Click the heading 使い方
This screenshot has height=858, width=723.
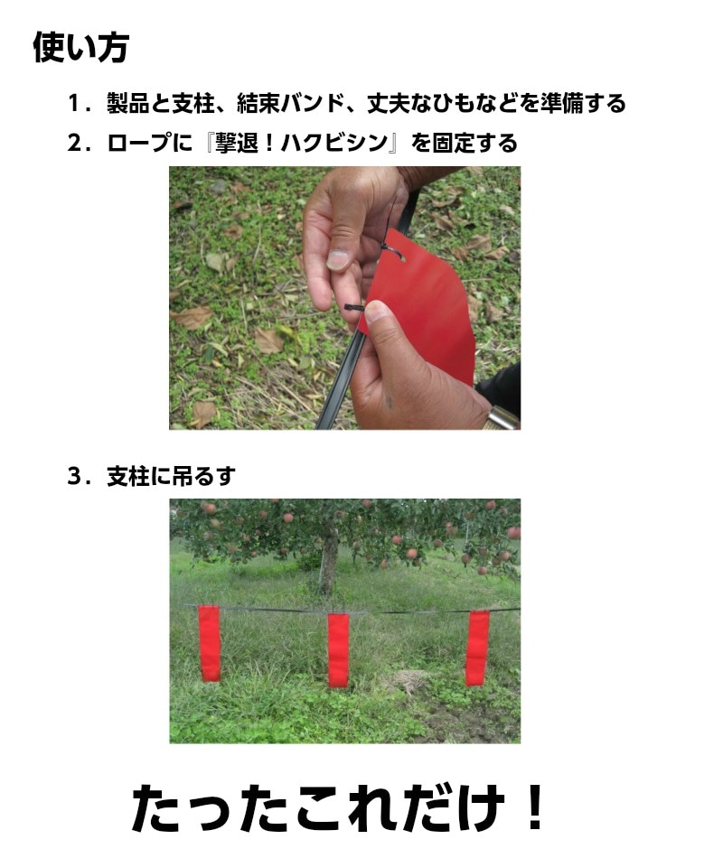(81, 47)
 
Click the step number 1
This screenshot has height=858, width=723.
(74, 104)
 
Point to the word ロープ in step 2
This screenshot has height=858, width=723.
(138, 144)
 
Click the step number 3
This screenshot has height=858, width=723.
(74, 476)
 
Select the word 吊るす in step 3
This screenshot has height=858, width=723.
(203, 476)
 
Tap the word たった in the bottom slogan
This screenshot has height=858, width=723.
(211, 808)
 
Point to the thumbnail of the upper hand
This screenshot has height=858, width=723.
(337, 260)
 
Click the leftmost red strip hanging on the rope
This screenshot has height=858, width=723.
(209, 643)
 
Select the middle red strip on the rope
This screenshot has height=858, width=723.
(338, 650)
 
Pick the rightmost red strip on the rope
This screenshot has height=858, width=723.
(477, 648)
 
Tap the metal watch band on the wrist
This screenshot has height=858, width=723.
(502, 418)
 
